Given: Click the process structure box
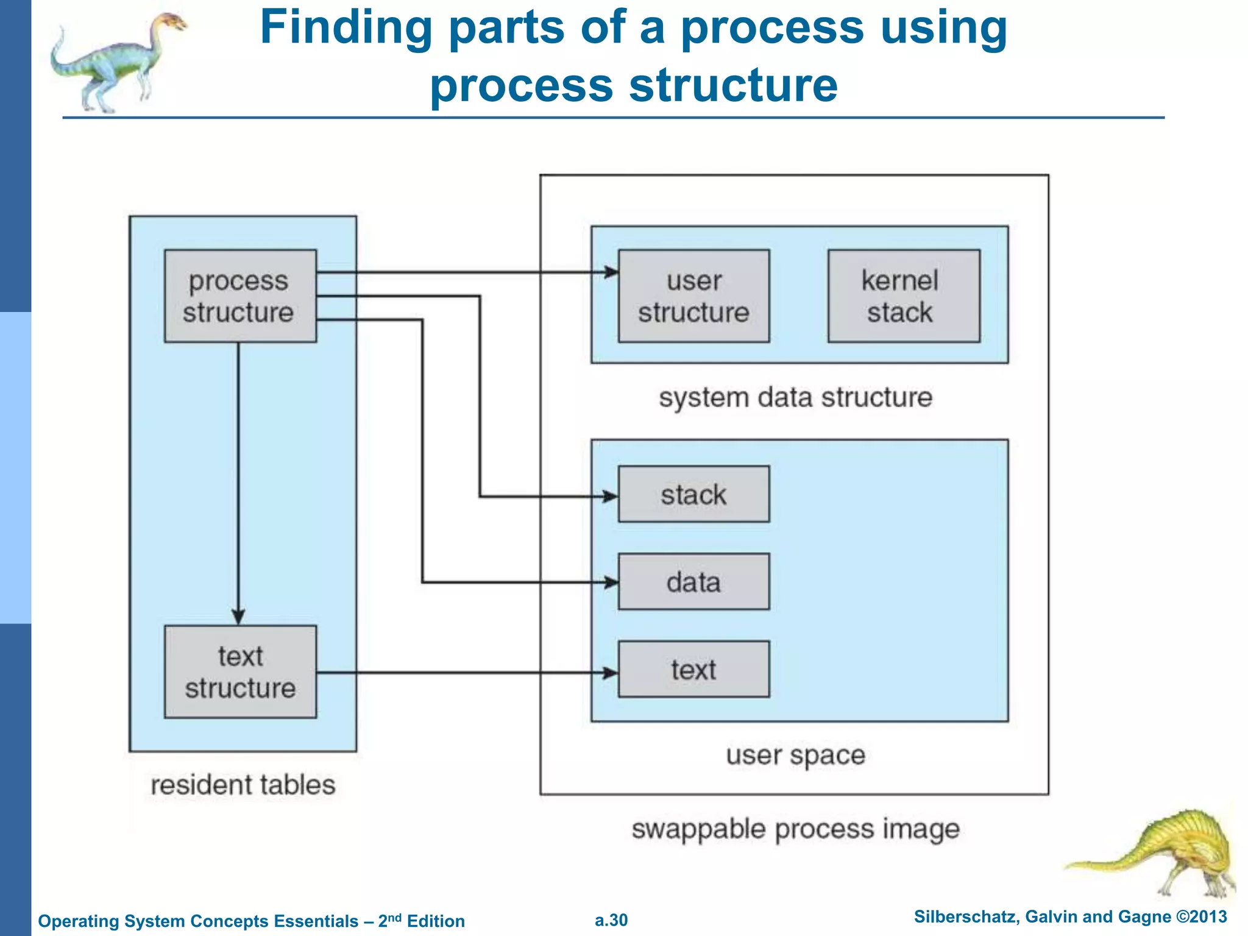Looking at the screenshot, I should [240, 296].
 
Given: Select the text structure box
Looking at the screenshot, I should [240, 672].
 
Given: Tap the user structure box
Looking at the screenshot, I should [693, 296].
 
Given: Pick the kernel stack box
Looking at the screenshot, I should [903, 296].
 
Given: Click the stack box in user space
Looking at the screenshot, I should [693, 494].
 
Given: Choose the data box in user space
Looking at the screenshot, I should [693, 582].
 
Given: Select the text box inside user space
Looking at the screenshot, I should [693, 669].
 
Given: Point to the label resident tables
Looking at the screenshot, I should [243, 785].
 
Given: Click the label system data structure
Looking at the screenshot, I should [795, 397].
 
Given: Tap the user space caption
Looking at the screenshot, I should [795, 755].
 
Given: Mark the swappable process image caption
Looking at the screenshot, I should [795, 829].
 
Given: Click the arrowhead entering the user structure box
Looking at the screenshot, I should [611, 272].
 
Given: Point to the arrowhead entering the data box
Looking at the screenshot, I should [611, 583].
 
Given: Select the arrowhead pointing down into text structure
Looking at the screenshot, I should [238, 616].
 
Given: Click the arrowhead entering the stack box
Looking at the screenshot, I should [611, 497].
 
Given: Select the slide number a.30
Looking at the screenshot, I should [611, 920].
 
